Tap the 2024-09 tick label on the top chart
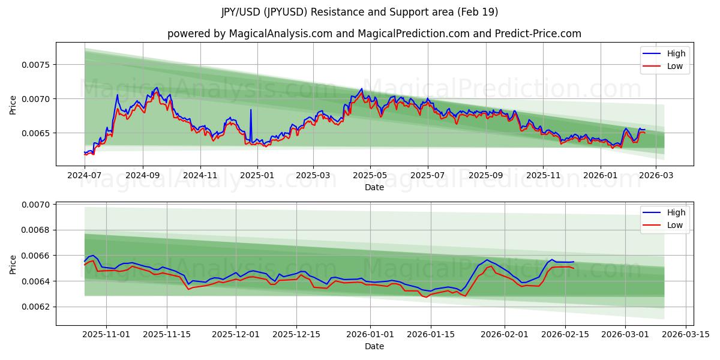coord(142,176)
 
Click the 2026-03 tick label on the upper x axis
coord(656,176)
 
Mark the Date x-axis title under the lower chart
coord(374,346)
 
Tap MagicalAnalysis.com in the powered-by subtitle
coord(281,34)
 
